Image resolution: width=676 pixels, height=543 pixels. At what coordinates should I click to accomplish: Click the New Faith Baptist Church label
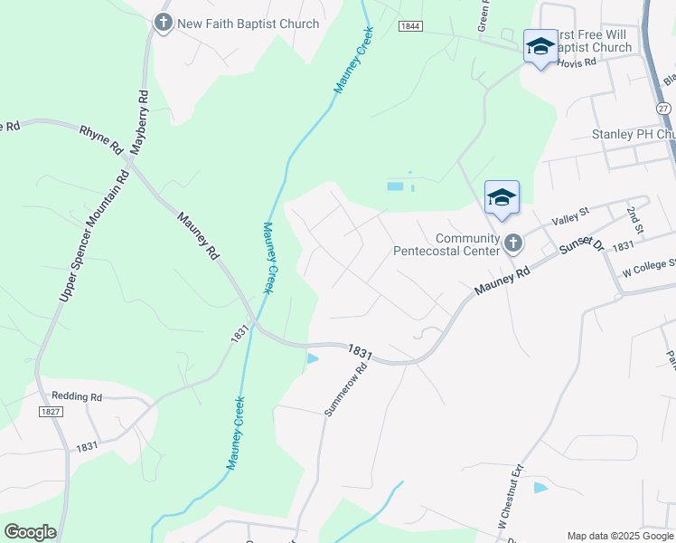click(x=249, y=24)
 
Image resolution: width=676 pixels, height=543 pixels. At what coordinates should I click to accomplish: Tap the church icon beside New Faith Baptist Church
click(x=164, y=24)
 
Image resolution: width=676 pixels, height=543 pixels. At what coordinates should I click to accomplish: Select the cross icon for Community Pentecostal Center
click(x=513, y=243)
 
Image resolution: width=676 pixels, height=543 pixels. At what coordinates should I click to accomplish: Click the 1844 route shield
click(x=410, y=26)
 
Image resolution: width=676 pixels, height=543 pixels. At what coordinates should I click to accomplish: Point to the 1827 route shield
click(x=50, y=411)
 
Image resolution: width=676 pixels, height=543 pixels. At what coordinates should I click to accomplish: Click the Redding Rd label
click(x=77, y=395)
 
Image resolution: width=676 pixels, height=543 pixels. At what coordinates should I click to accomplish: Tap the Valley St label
click(x=569, y=218)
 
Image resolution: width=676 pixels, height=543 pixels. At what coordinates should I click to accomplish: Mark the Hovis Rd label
click(x=577, y=63)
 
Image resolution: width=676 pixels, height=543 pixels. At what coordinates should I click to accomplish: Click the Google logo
click(x=30, y=532)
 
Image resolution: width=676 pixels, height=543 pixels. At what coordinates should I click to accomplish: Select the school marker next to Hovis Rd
click(x=540, y=46)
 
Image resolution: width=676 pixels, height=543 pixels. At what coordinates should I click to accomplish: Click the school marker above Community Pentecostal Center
click(x=502, y=197)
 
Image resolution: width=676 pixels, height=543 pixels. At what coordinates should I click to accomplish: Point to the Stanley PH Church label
click(x=634, y=134)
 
